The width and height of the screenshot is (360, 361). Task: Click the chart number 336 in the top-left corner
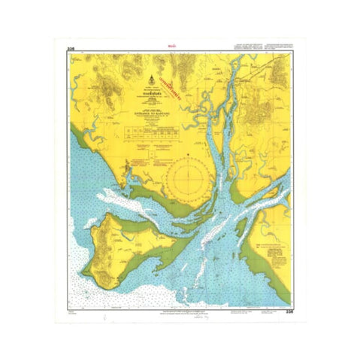tap(71, 50)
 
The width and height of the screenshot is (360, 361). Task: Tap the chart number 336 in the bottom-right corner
tap(287, 309)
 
